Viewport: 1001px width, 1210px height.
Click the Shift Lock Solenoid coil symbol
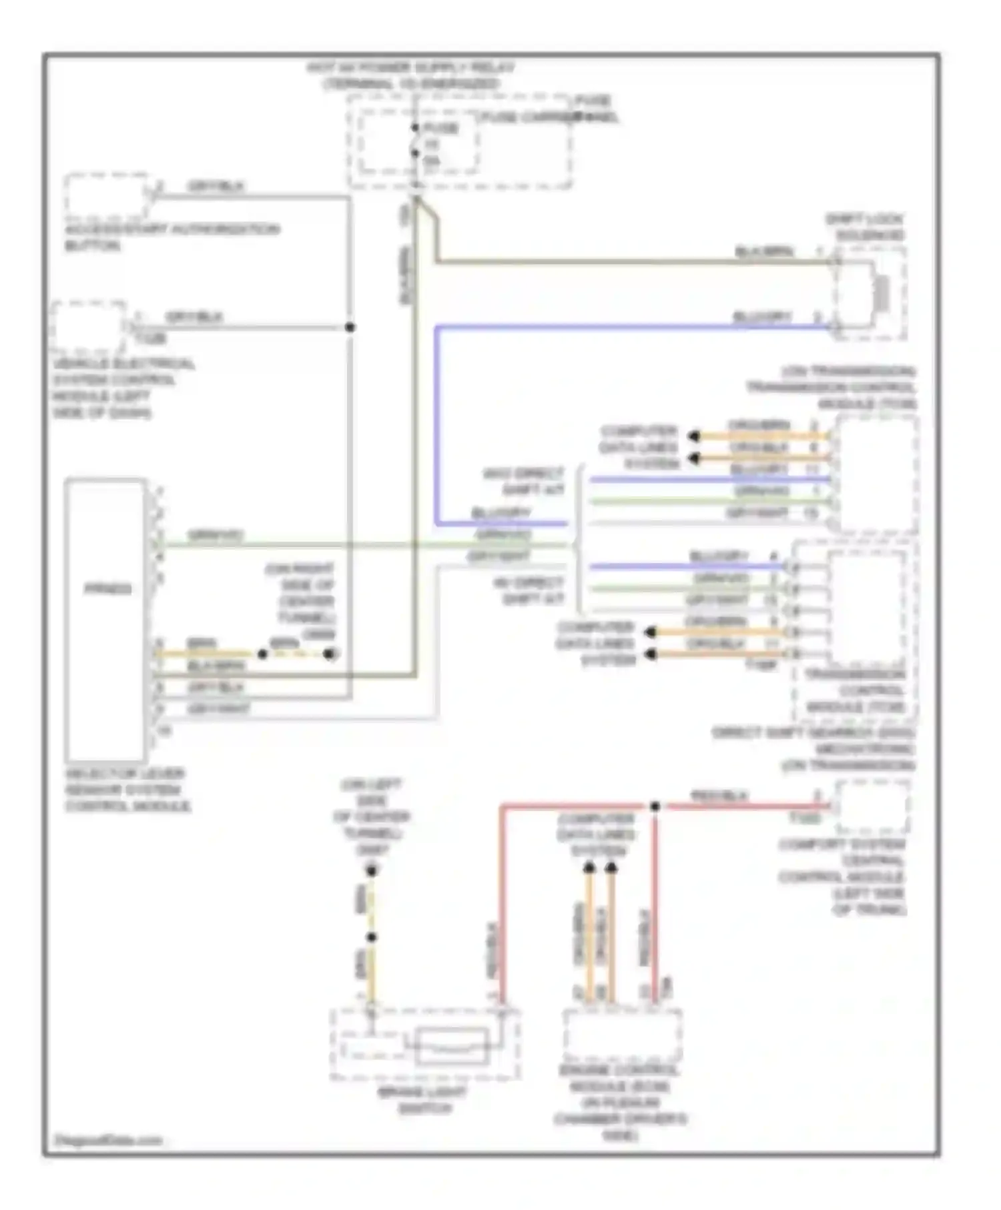882,293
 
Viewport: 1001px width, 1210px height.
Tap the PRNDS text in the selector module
107,590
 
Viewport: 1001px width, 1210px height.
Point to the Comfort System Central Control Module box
872,807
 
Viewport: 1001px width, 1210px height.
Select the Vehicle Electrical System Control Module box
88,328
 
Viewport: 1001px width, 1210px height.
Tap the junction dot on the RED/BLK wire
655,806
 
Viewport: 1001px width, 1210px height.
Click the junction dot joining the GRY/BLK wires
350,327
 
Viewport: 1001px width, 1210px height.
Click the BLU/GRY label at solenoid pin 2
762,316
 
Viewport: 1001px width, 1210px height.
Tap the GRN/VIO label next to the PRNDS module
215,535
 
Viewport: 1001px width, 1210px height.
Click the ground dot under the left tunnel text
372,870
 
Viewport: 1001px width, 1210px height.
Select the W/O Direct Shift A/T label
524,481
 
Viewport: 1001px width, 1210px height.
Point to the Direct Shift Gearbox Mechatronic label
814,748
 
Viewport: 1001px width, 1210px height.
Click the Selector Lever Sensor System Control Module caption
127,790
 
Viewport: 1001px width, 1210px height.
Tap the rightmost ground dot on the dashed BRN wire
330,654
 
